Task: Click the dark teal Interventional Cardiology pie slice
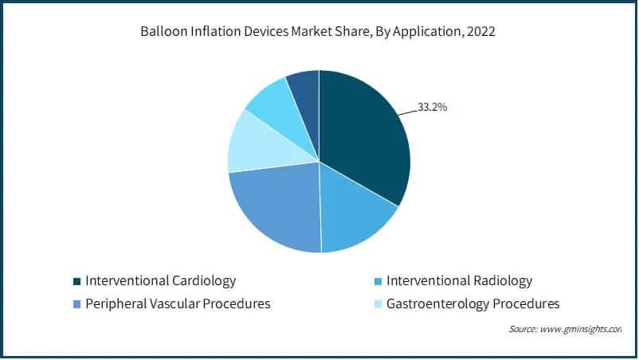click(363, 143)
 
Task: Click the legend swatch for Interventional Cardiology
click(76, 281)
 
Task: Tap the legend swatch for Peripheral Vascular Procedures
click(76, 304)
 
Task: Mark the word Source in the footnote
click(523, 329)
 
